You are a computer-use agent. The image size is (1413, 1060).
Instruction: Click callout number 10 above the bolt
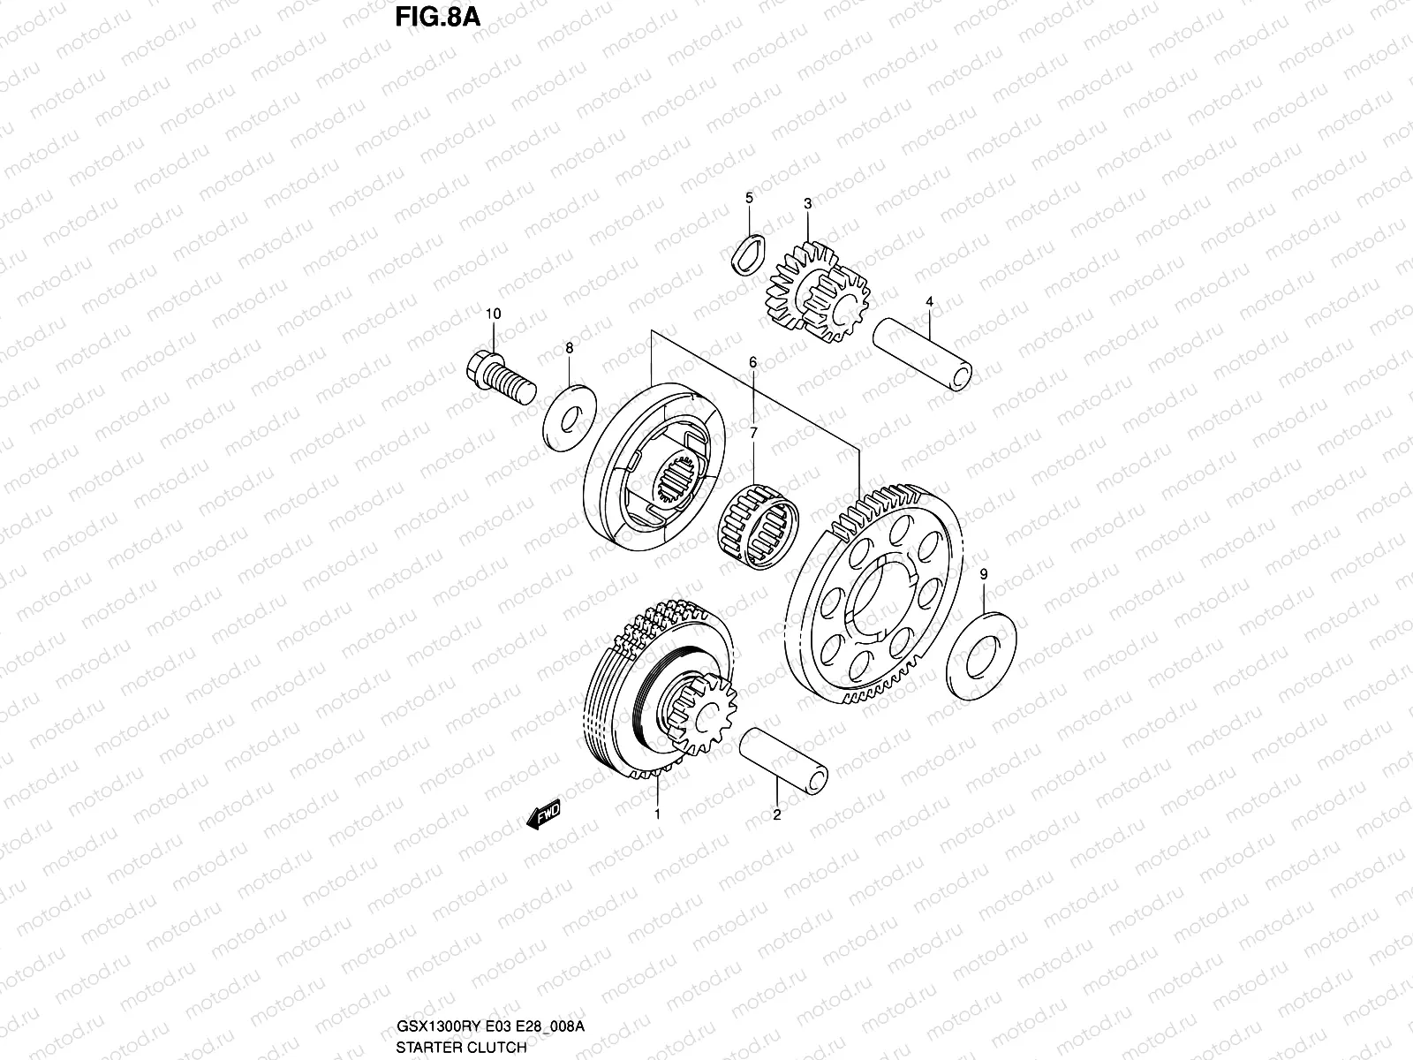(493, 314)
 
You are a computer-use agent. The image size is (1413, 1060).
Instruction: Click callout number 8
(569, 349)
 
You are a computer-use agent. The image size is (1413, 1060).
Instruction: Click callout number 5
(749, 198)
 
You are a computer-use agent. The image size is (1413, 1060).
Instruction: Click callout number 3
(807, 204)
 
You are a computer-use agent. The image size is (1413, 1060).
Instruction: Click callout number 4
(929, 302)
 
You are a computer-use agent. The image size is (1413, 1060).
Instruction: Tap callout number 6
(752, 362)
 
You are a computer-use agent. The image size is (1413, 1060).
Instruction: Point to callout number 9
(984, 575)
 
